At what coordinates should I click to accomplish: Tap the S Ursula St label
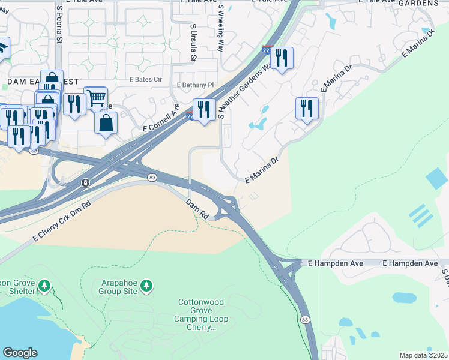coord(193,43)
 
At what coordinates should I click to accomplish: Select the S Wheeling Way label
coord(221,29)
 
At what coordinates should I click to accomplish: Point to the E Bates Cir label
coord(146,79)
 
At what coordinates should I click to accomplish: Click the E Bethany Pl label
coord(195,85)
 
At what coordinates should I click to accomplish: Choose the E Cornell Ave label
coord(161,118)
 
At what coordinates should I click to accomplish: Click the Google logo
coord(20,353)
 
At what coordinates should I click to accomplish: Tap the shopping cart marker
coord(95,98)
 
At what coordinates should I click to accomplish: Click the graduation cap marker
coord(2,47)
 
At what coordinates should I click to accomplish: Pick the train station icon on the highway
coord(86,182)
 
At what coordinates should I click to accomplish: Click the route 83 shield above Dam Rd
coord(152,178)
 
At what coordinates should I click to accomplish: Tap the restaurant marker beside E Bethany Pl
coord(204,109)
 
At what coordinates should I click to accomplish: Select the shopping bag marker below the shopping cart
coord(106,122)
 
